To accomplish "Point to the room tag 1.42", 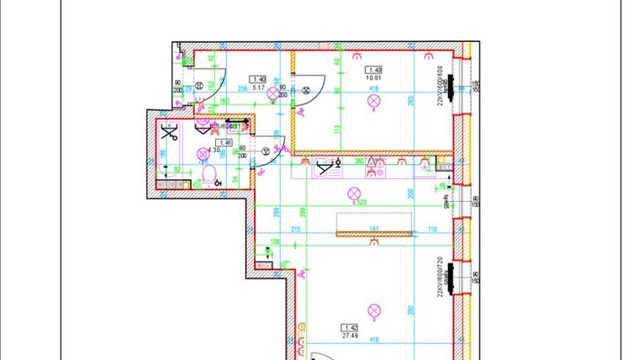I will pyautogui.click(x=349, y=326).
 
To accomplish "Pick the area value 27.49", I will pyautogui.click(x=349, y=335).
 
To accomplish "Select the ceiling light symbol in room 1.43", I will pyautogui.click(x=373, y=102).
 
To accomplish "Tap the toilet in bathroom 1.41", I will pyautogui.click(x=210, y=175).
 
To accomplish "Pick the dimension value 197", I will pyautogui.click(x=375, y=229).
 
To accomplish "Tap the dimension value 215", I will pyautogui.click(x=295, y=229).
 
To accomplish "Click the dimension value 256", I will pyautogui.click(x=242, y=87).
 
